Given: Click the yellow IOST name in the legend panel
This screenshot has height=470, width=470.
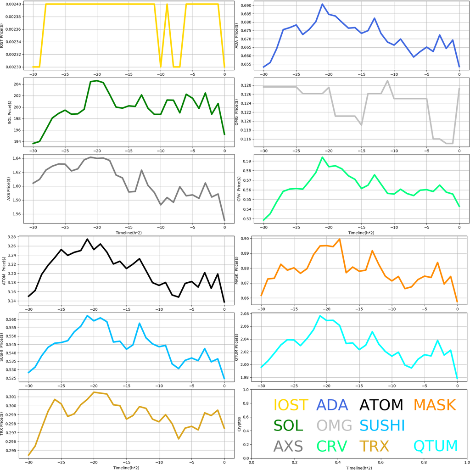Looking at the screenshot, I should tap(291, 405).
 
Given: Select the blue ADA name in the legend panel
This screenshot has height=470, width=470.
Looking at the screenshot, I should tap(332, 405).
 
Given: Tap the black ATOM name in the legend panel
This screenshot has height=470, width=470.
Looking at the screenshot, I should tap(381, 405).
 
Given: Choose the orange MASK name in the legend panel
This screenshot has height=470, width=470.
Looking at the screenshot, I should tap(435, 405).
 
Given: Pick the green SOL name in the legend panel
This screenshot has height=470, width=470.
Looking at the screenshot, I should tap(288, 425).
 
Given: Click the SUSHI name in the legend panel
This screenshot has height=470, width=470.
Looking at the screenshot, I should tap(382, 425).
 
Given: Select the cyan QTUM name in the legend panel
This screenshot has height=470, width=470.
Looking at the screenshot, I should tap(436, 446).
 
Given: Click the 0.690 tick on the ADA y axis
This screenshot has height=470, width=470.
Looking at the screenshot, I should tap(245, 6).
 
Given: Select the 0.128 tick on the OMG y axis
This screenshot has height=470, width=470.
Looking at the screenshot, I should tap(245, 85).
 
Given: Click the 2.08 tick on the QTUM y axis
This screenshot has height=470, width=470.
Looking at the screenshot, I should tap(244, 313).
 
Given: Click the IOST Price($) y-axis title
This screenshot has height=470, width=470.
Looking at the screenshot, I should tap(4, 36).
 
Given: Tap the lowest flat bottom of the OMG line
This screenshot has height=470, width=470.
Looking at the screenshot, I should tap(449, 143).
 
